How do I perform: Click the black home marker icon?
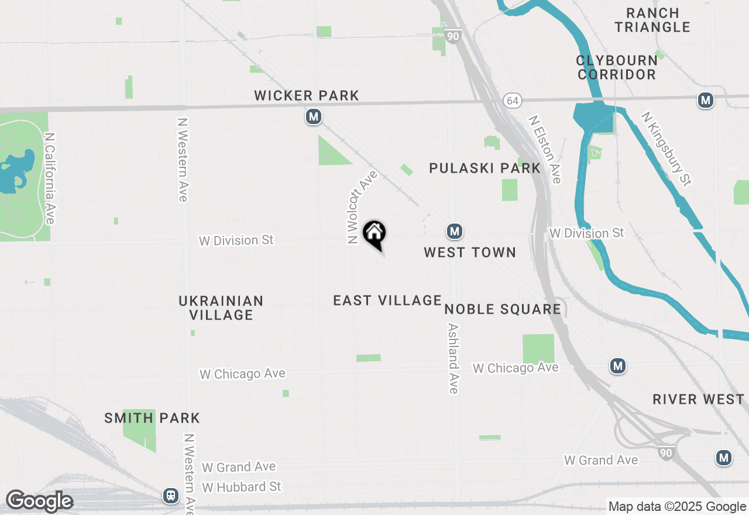point(374,234)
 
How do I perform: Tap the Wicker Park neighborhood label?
point(307,95)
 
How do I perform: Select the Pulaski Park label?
point(485,169)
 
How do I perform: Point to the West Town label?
point(470,252)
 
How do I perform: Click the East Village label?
point(387,300)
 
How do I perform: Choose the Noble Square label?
point(503,309)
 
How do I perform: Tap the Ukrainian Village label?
point(221,308)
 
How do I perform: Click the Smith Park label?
point(152,418)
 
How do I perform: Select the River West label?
point(699,399)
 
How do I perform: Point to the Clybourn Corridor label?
point(617,67)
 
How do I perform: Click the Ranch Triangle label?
point(652,20)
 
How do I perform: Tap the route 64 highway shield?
point(513,101)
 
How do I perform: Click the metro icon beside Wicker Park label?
point(314,117)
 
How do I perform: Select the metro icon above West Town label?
point(455,232)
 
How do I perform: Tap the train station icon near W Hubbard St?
point(171,496)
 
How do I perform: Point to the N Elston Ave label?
point(545,149)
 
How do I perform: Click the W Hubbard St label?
point(241,487)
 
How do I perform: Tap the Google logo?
point(39,501)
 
